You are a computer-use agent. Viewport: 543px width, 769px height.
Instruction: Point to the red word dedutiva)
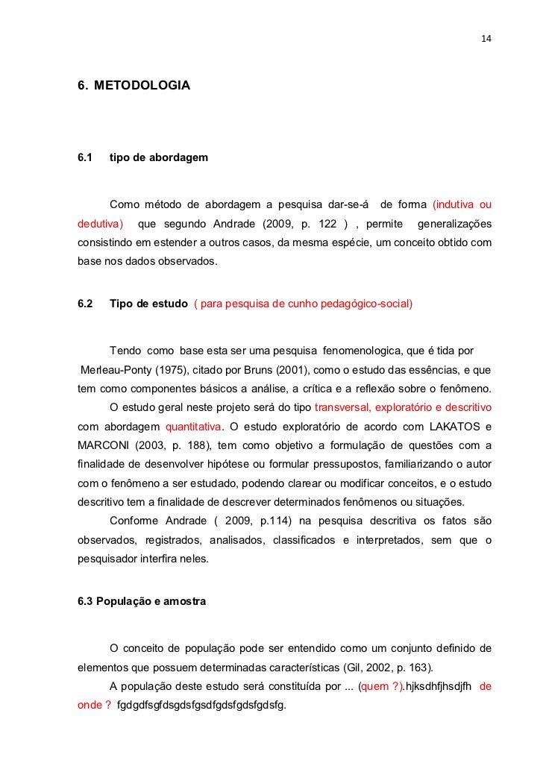click(100, 225)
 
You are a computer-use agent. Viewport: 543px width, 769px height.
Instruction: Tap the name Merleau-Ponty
click(113, 370)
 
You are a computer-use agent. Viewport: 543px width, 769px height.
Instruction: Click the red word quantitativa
click(193, 427)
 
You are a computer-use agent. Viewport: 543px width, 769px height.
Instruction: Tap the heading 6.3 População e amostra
click(142, 601)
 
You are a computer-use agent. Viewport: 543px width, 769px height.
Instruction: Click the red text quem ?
click(380, 687)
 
